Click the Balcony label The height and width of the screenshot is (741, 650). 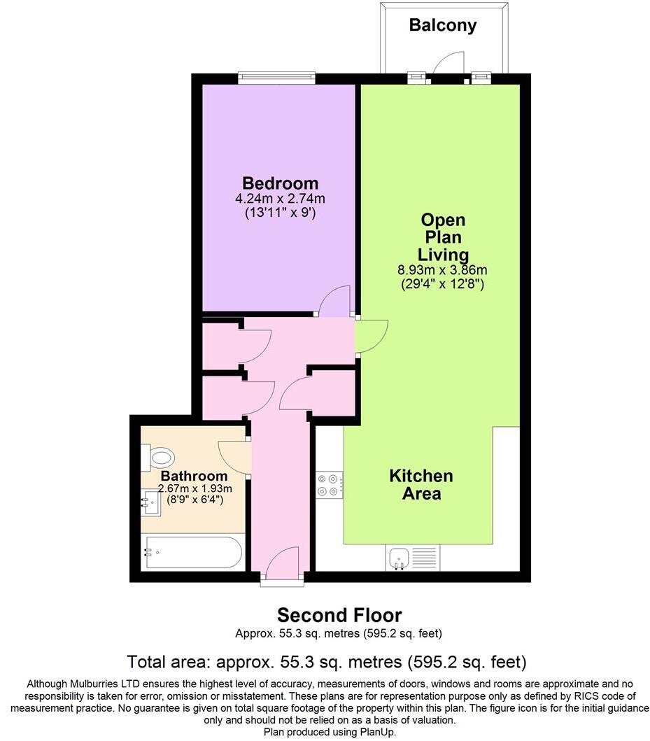pos(442,26)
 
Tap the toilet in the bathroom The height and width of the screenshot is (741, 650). pos(160,458)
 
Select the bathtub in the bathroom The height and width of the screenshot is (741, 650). pos(192,552)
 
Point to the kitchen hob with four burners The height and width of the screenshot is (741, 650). pos(330,485)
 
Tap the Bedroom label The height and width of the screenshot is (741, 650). pos(280,183)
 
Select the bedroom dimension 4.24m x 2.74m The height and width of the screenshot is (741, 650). pos(280,199)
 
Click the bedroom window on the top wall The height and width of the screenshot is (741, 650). pos(276,77)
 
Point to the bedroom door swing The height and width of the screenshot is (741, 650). pos(334,302)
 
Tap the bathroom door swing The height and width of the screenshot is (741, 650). pos(234,455)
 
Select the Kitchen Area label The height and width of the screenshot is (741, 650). pos(421,484)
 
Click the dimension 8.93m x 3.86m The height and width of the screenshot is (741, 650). pos(442,270)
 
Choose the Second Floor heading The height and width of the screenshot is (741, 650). pos(339,615)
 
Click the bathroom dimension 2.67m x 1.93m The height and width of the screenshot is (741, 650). pos(195,488)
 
